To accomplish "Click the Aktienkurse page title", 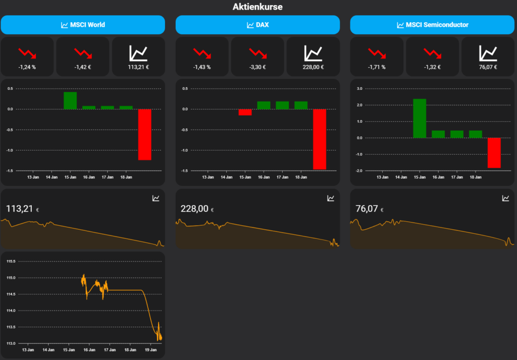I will [257, 7].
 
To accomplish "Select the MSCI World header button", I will [83, 25].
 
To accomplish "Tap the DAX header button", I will [257, 25].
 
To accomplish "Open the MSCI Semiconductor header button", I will [432, 25].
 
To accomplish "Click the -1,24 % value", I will [27, 67].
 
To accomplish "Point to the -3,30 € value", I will [257, 67].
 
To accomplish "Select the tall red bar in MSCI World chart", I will [144, 134].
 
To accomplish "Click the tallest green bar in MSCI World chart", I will [70, 100].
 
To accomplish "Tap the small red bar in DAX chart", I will [245, 112].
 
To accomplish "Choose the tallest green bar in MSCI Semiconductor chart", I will [420, 118].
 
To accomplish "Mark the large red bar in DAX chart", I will [319, 139].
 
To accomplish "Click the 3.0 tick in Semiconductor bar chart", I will [359, 88].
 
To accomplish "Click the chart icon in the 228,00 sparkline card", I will [331, 198].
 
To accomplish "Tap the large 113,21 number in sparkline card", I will [19, 209].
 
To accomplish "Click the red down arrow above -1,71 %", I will [376, 53].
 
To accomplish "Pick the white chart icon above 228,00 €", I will [313, 53].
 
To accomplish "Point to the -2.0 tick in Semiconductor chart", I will [359, 171].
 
